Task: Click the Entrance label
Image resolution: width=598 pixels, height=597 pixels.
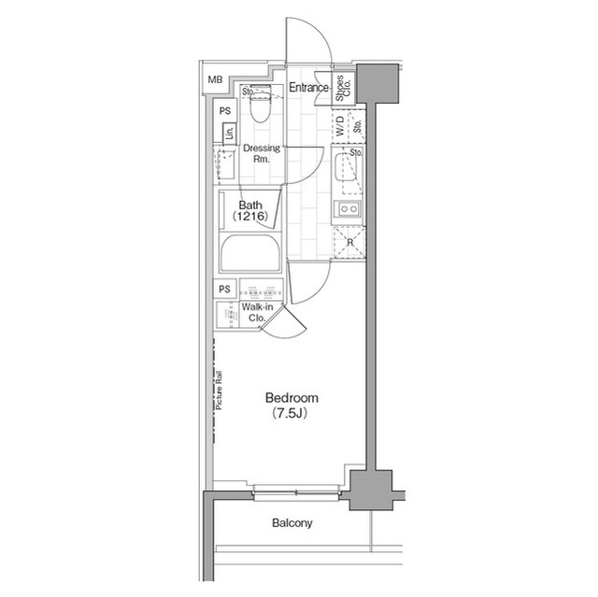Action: [x=307, y=88]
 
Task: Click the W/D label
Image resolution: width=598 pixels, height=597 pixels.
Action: [x=340, y=127]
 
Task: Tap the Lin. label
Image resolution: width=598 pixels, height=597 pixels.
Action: [x=229, y=133]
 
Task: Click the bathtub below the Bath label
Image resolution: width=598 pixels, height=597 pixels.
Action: [x=251, y=253]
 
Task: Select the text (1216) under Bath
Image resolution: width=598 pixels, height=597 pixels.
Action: [x=250, y=217]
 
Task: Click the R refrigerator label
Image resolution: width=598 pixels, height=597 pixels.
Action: [x=349, y=243]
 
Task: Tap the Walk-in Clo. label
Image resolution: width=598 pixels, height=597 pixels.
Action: [x=255, y=312]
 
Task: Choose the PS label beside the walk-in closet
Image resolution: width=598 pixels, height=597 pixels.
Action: [x=224, y=289]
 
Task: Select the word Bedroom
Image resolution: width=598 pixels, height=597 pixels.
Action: [x=285, y=396]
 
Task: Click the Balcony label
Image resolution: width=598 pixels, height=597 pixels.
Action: [x=292, y=523]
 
